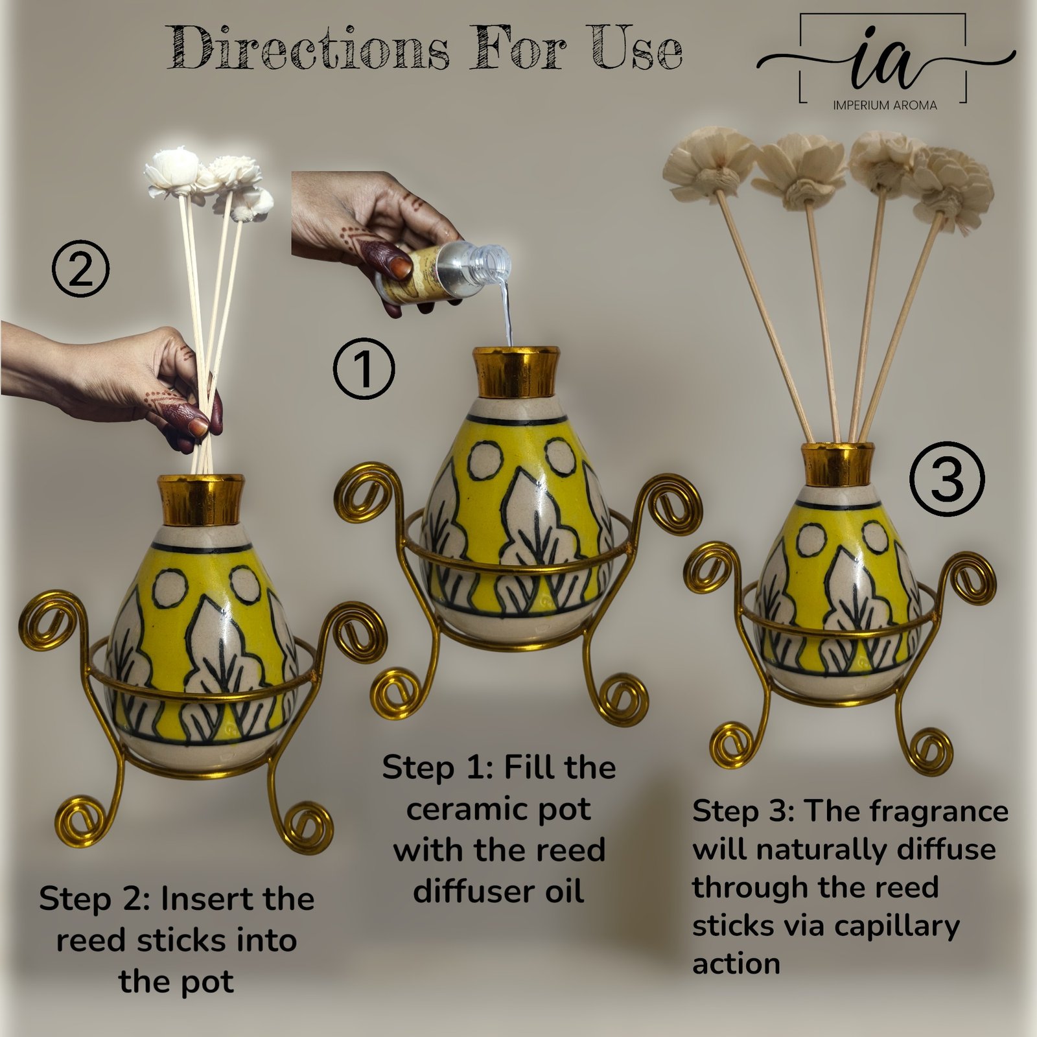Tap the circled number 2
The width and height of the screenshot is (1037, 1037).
[81, 269]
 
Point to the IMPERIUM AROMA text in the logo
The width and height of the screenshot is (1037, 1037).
[885, 105]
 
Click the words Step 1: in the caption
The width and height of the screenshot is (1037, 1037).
[437, 769]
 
